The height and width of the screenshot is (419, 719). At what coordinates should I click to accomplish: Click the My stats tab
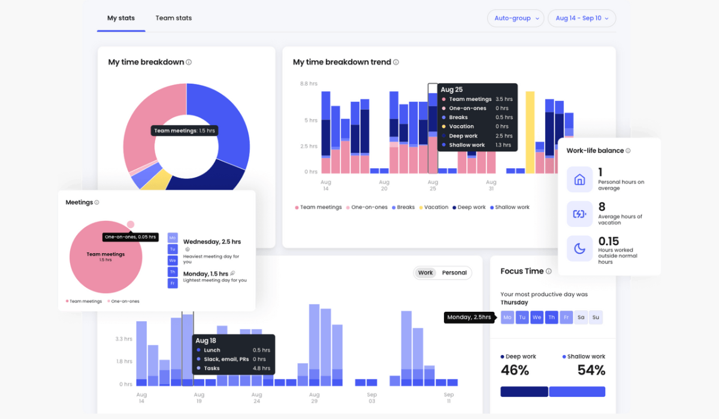coord(121,18)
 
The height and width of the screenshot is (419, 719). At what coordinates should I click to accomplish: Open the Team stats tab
coord(174,18)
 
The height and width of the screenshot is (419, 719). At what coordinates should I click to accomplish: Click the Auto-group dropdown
coord(516,19)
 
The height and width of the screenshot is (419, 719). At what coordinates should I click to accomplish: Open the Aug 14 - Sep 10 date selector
coord(582,19)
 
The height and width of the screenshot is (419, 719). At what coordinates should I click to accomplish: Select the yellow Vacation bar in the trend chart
coord(530,132)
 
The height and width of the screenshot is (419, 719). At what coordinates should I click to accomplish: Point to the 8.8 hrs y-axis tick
coord(309,84)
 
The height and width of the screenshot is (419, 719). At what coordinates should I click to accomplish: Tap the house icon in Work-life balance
coord(579,180)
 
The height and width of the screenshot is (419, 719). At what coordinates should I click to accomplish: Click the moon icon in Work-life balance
coord(579,248)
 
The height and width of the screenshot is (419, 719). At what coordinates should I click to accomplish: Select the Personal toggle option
coord(454,273)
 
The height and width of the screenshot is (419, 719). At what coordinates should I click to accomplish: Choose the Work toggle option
coord(425,273)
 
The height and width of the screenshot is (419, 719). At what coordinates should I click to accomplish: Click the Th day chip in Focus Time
coord(551,318)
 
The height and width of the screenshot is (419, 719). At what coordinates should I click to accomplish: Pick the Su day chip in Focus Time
coord(595,318)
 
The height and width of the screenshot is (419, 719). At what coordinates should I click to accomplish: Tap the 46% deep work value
coord(515,371)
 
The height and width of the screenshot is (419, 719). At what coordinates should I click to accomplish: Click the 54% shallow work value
coord(591,371)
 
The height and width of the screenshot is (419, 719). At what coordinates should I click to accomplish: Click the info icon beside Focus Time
coord(548,271)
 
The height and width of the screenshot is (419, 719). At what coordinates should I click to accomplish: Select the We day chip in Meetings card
coord(173,260)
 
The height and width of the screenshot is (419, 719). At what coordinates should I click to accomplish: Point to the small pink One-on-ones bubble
coord(131,224)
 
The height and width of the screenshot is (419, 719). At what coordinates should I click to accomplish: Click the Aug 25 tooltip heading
coord(452,90)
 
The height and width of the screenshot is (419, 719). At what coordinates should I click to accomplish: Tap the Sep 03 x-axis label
coord(371,398)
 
